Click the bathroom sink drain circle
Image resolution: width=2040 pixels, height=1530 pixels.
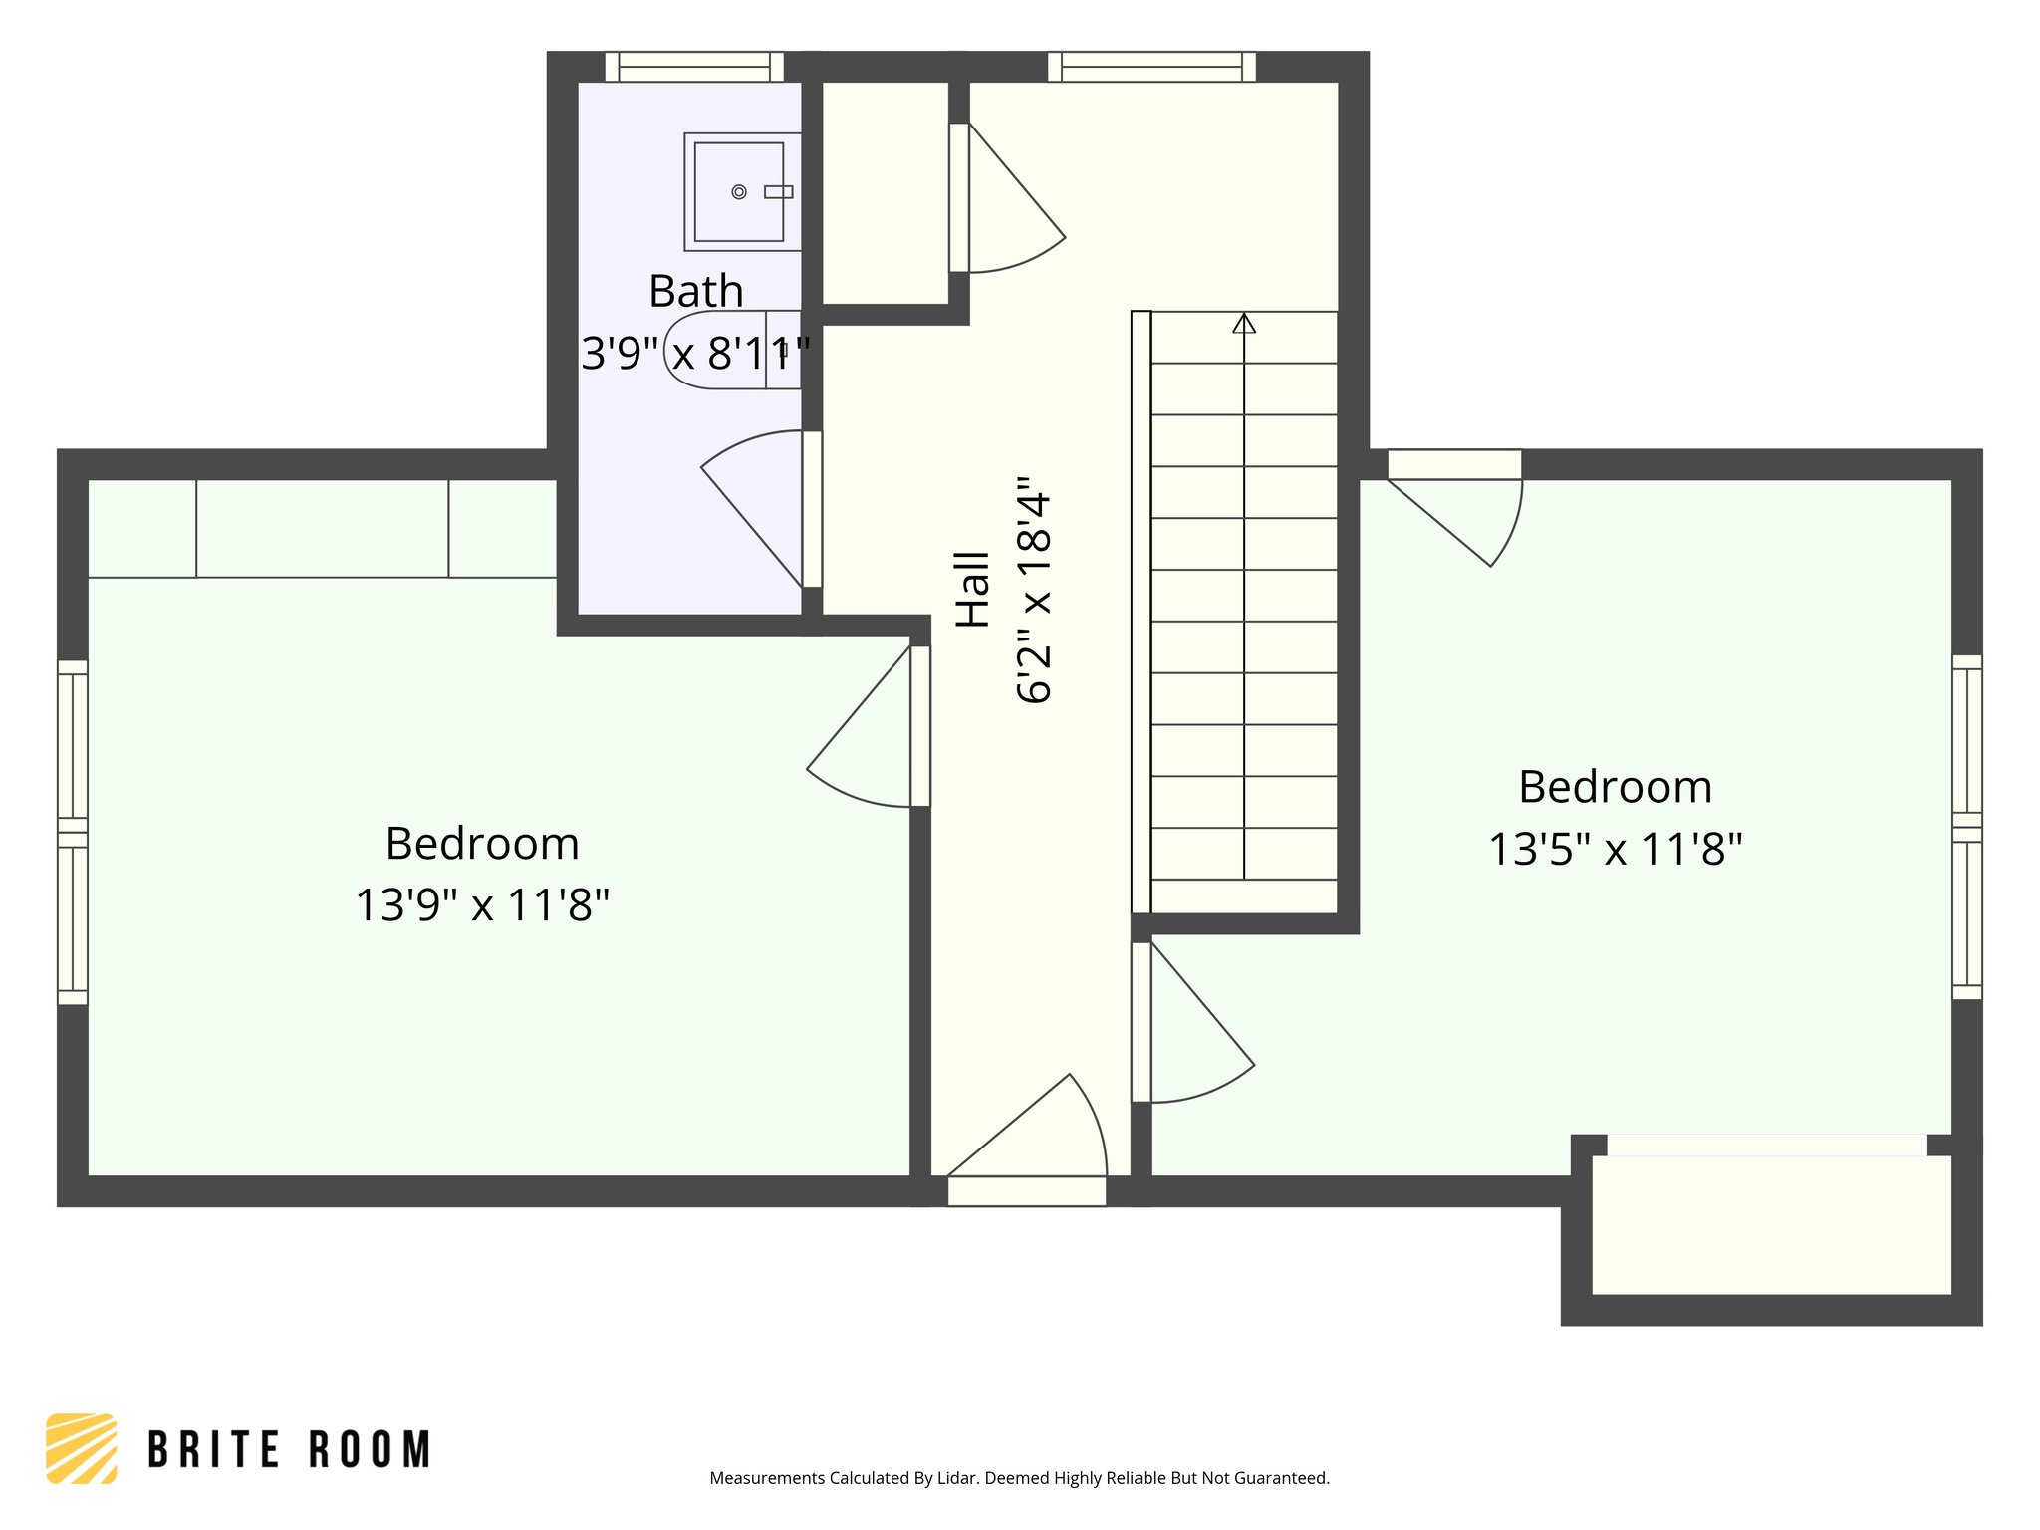click(x=739, y=192)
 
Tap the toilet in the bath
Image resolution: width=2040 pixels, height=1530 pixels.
click(x=732, y=350)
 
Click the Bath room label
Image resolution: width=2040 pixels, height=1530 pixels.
click(x=696, y=292)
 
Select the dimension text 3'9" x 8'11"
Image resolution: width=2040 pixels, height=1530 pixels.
click(x=695, y=353)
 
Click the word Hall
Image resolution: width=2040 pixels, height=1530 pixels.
click(x=973, y=589)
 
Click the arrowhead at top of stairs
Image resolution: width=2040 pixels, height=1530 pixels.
click(x=1244, y=323)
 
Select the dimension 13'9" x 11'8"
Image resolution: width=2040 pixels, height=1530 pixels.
click(x=482, y=905)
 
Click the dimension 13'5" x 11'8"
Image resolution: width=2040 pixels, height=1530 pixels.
click(x=1616, y=850)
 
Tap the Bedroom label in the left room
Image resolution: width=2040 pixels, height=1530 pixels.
click(x=482, y=844)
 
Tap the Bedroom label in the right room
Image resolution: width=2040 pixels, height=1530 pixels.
click(x=1616, y=787)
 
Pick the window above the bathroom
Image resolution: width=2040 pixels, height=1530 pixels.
click(x=694, y=67)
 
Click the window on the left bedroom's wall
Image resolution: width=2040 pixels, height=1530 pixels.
click(x=73, y=832)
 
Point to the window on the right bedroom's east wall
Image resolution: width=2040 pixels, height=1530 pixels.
click(x=1966, y=827)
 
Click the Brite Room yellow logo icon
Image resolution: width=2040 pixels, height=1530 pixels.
click(x=82, y=1448)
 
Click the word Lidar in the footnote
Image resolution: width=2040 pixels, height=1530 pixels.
click(x=958, y=1478)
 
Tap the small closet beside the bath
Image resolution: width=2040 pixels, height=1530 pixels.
click(x=885, y=193)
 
